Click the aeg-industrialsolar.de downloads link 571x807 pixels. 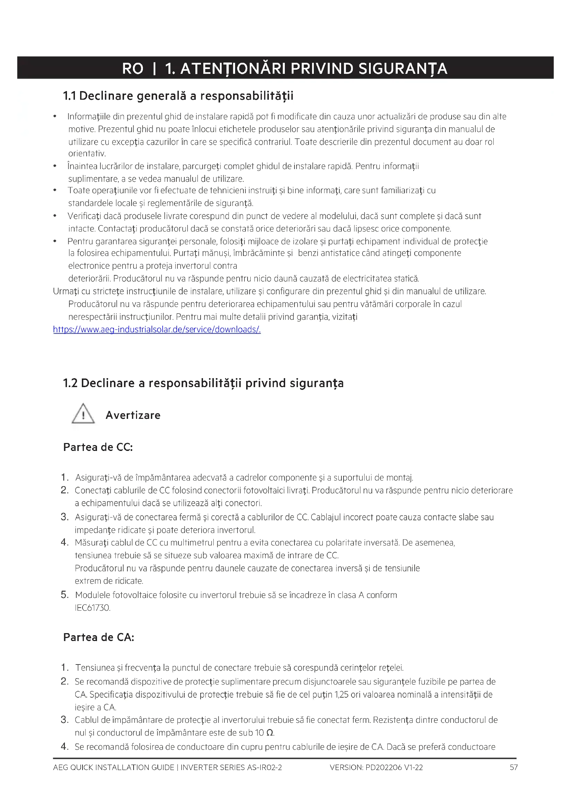(x=157, y=329)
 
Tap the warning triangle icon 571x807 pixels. (x=83, y=414)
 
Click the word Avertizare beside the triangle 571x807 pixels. (x=133, y=415)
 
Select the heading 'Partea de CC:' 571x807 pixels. (x=98, y=447)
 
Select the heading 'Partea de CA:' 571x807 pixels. (x=99, y=637)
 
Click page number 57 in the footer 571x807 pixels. (x=514, y=767)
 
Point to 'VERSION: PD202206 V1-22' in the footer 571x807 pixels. (x=376, y=767)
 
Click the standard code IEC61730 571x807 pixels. (x=93, y=608)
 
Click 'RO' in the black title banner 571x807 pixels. (x=133, y=69)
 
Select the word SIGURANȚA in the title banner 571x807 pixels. (x=403, y=69)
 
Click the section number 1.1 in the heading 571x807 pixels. (x=69, y=96)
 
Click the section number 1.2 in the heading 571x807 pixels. (x=70, y=383)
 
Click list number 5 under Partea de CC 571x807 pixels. (x=64, y=595)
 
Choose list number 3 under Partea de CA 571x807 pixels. (x=64, y=720)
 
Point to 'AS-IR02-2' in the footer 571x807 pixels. (x=264, y=767)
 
